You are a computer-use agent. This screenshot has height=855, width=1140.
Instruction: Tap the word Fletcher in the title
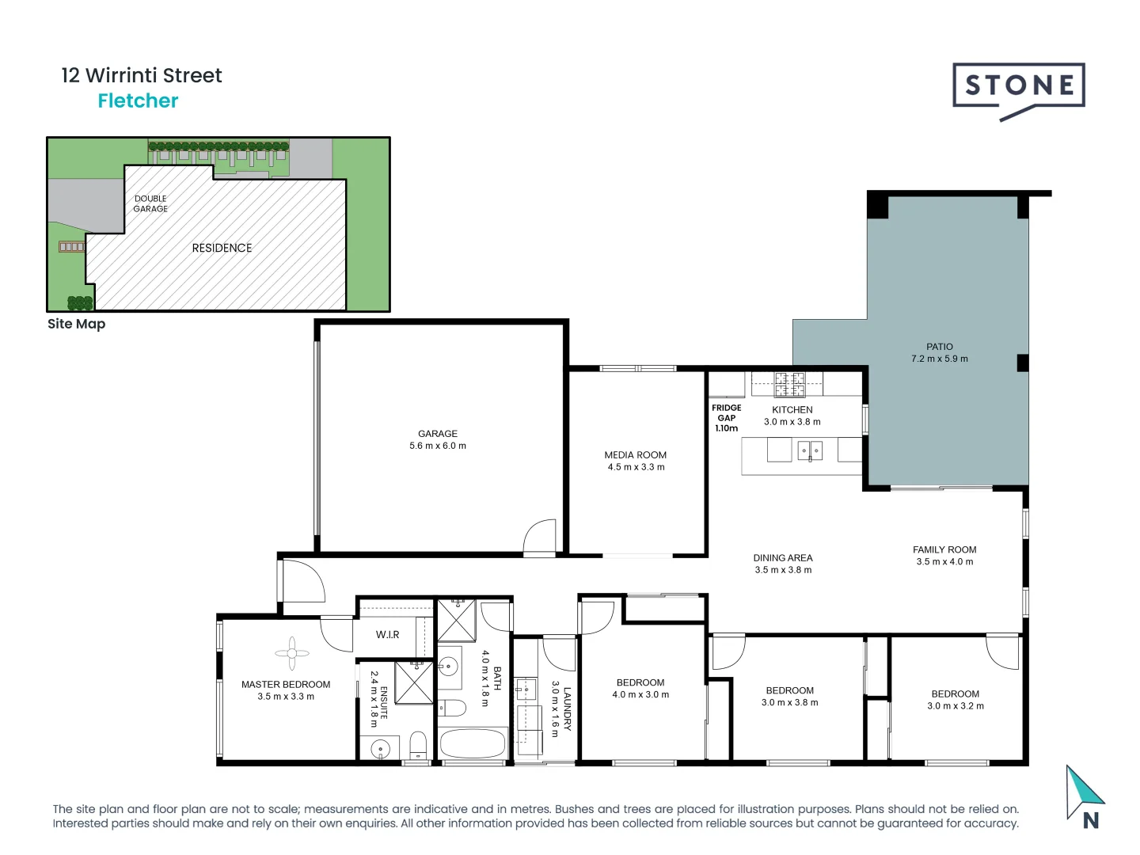click(x=138, y=101)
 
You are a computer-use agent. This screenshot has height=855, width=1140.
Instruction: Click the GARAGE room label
click(x=438, y=434)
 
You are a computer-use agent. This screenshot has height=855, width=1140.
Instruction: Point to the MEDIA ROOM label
click(x=635, y=455)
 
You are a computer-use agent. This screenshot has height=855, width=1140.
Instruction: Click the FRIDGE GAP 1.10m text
click(x=726, y=418)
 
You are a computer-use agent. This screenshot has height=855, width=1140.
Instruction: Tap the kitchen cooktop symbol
click(x=789, y=384)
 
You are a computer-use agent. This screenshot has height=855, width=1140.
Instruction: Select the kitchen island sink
click(x=809, y=451)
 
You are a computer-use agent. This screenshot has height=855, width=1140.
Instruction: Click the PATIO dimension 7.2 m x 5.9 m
click(x=939, y=359)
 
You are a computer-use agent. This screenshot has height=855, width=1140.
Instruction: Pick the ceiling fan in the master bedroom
click(x=292, y=653)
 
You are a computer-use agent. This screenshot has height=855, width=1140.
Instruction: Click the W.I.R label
click(x=387, y=635)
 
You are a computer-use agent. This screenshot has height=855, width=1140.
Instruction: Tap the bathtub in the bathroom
click(x=473, y=744)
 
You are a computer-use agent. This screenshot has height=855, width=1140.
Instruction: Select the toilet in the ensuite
click(x=418, y=745)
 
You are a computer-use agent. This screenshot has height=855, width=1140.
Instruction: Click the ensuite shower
click(x=414, y=682)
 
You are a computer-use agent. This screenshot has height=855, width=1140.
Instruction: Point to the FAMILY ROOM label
click(x=944, y=549)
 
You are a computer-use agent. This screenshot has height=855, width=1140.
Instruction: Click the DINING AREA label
click(x=782, y=558)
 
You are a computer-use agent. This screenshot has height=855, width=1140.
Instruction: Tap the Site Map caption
click(x=76, y=324)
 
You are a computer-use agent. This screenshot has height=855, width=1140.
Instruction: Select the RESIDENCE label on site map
click(x=222, y=248)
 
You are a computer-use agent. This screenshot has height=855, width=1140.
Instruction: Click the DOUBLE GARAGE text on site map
click(x=150, y=203)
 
